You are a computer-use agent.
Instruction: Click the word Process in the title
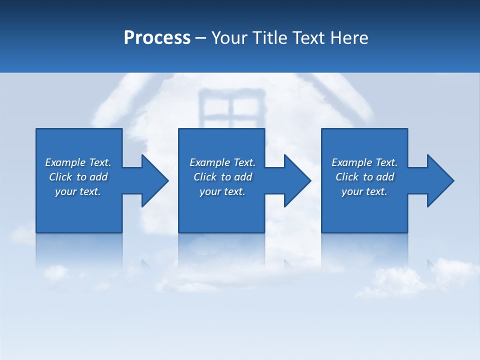click(x=157, y=38)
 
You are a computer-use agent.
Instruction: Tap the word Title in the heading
click(x=272, y=38)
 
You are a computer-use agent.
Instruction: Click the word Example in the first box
click(x=65, y=162)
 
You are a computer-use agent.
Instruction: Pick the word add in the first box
click(x=99, y=177)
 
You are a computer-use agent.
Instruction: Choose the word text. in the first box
click(x=90, y=191)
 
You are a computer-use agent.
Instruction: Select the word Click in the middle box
click(x=205, y=177)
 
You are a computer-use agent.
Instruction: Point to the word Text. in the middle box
click(x=243, y=162)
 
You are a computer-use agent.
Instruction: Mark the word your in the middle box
click(x=210, y=191)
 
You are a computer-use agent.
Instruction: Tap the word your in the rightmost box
click(x=352, y=191)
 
